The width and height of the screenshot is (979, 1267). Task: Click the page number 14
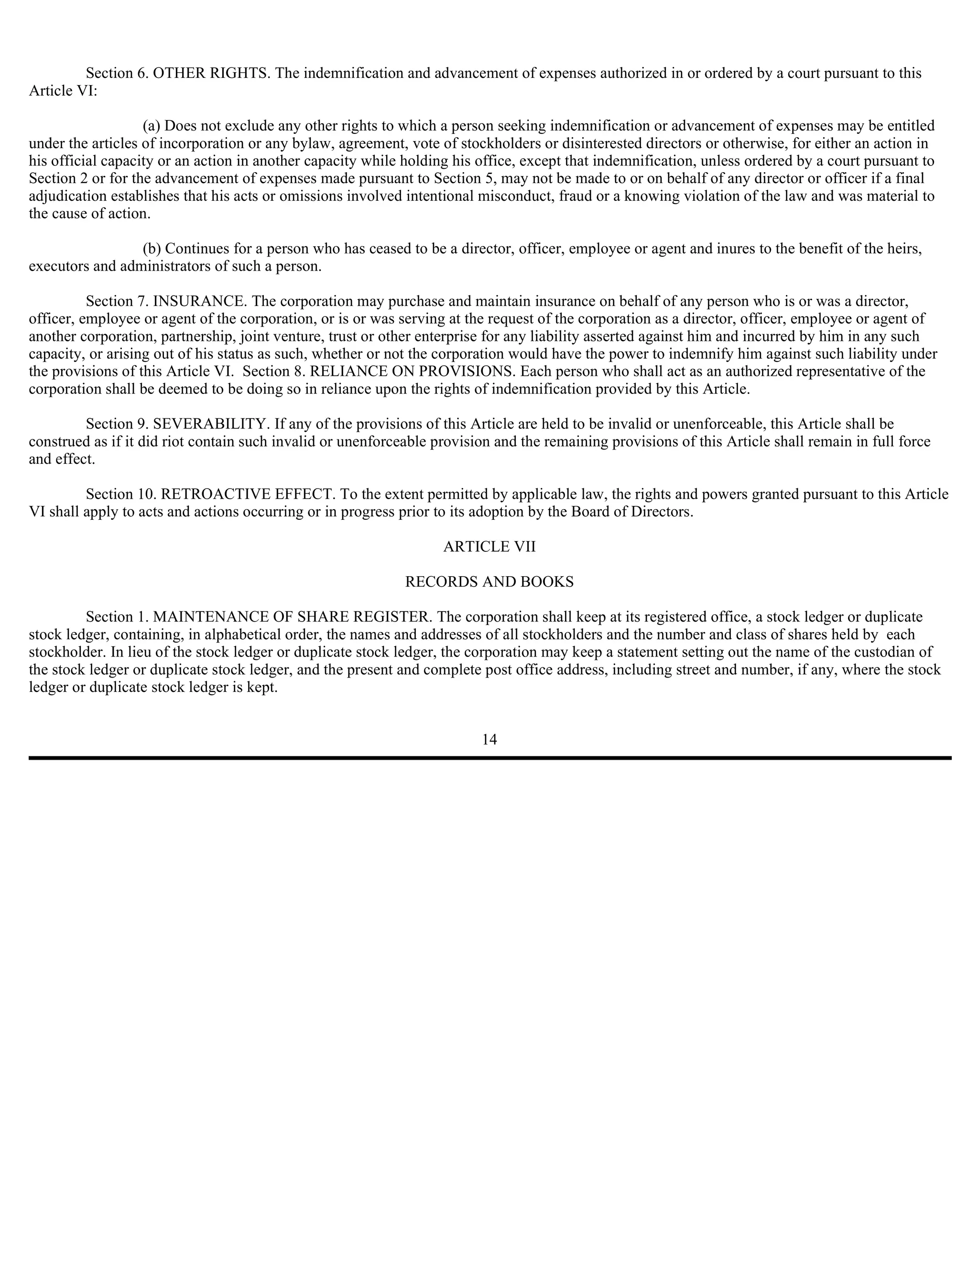click(x=489, y=739)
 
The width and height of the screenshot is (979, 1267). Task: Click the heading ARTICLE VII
click(x=489, y=546)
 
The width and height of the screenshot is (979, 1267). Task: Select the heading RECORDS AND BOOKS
click(x=489, y=582)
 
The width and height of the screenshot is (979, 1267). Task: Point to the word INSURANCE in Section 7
click(x=198, y=301)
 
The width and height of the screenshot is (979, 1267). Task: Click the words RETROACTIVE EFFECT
click(x=248, y=494)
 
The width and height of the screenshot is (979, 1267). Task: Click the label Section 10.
click(x=119, y=494)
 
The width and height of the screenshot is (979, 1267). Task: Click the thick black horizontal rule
click(x=489, y=758)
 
